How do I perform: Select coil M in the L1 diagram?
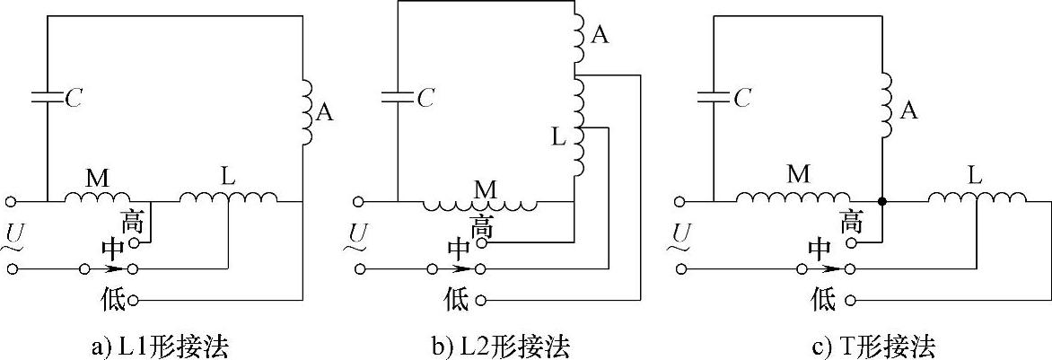[97, 196]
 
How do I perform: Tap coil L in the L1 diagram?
[229, 196]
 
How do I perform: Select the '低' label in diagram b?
[457, 299]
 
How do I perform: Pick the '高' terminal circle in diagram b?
[482, 242]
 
